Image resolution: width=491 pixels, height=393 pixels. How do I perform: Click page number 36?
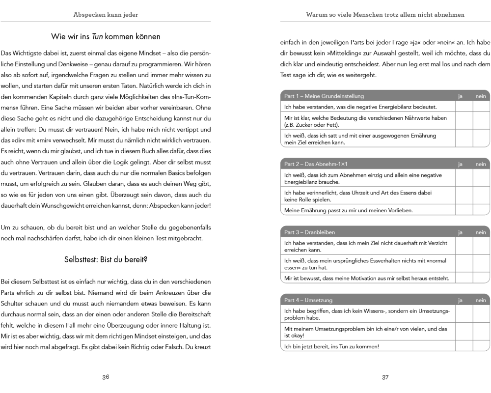(x=106, y=377)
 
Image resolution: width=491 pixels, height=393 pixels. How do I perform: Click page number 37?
(x=385, y=377)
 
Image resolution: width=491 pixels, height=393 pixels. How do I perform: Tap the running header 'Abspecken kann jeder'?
(x=106, y=15)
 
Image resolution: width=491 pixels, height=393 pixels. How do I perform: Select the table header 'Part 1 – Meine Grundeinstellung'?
(x=324, y=96)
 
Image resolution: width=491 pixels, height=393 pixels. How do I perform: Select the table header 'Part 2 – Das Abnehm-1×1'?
(x=316, y=163)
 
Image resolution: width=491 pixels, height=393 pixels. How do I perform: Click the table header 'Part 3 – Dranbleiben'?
(x=310, y=231)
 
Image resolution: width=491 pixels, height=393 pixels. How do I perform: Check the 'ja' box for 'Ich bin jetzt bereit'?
(x=464, y=346)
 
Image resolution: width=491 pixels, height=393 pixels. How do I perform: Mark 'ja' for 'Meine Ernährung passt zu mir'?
(x=464, y=210)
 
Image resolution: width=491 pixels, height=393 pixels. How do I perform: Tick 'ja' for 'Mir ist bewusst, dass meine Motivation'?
(x=464, y=279)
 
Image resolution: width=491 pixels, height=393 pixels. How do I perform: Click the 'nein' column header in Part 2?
(x=481, y=163)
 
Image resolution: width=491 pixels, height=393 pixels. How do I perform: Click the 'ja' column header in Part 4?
(x=461, y=299)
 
